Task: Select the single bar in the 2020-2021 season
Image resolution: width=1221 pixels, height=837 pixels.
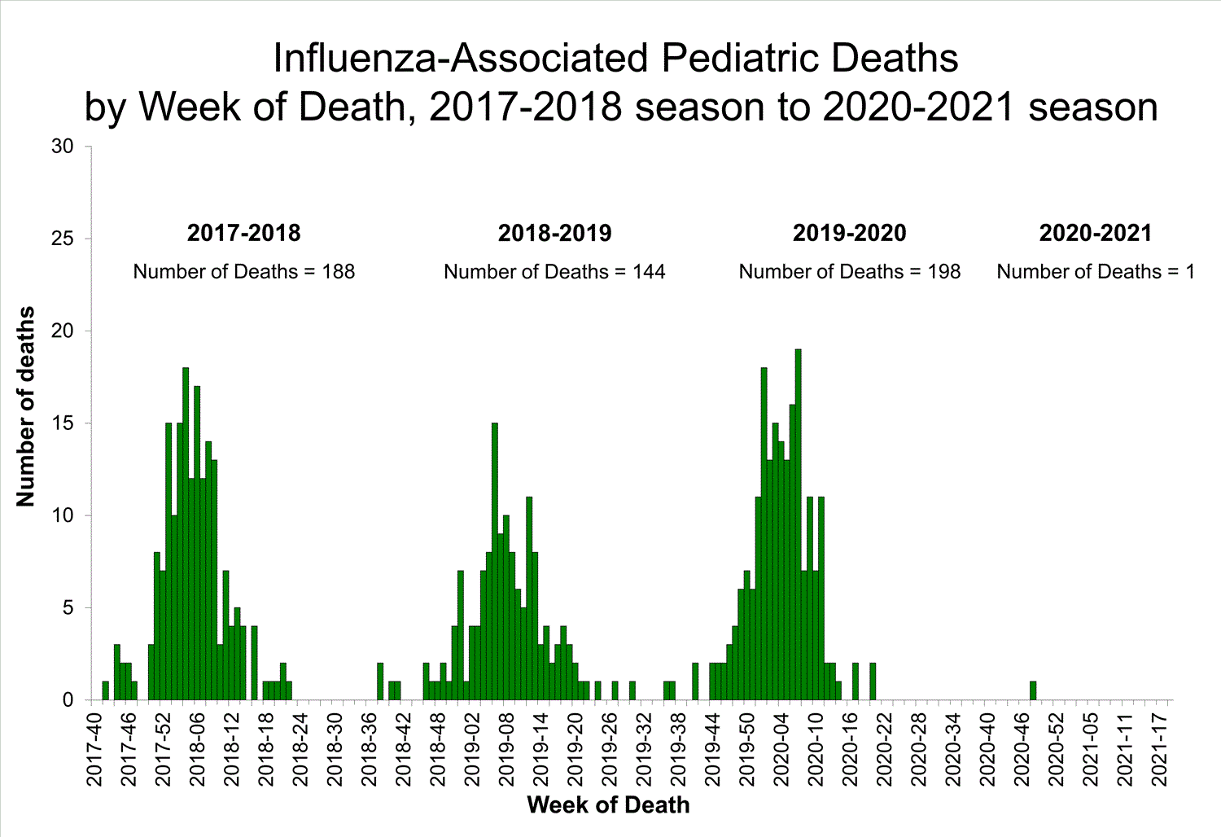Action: pyautogui.click(x=1033, y=690)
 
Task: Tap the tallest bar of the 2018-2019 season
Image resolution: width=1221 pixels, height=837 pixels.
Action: pyautogui.click(x=494, y=562)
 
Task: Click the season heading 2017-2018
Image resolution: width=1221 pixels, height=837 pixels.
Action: pyautogui.click(x=243, y=233)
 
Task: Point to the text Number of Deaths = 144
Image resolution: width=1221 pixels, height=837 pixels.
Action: pyautogui.click(x=554, y=272)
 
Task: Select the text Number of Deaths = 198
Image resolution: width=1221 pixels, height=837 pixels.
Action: pyautogui.click(x=849, y=272)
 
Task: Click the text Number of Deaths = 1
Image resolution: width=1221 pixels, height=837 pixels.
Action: pyautogui.click(x=1095, y=272)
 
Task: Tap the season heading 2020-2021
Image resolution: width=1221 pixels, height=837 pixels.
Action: pyautogui.click(x=1095, y=233)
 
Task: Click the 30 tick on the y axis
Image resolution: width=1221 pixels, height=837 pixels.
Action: pyautogui.click(x=63, y=147)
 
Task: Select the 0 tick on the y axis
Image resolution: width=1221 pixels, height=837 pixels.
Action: pyautogui.click(x=68, y=700)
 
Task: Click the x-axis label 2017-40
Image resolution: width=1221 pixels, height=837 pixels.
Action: pyautogui.click(x=95, y=749)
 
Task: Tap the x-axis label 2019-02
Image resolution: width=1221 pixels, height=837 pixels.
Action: pyautogui.click(x=472, y=749)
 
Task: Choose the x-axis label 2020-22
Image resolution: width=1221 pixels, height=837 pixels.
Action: pyautogui.click(x=884, y=749)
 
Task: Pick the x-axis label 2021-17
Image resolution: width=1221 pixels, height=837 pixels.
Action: pyautogui.click(x=1159, y=749)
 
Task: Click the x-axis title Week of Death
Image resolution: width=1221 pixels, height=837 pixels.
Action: pyautogui.click(x=608, y=805)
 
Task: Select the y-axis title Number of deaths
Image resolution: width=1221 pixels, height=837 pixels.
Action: pyautogui.click(x=26, y=406)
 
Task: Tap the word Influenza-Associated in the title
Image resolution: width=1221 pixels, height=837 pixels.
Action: pyautogui.click(x=462, y=59)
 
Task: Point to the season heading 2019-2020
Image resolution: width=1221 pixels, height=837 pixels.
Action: pyautogui.click(x=849, y=233)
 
